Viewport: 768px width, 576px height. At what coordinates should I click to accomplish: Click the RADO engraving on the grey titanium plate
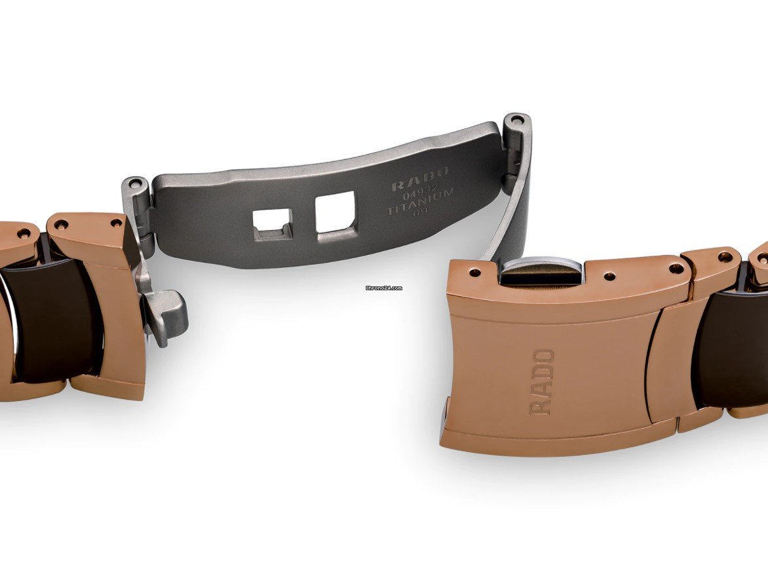pyautogui.click(x=420, y=179)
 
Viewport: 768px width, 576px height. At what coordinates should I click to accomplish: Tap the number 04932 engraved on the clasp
pyautogui.click(x=420, y=195)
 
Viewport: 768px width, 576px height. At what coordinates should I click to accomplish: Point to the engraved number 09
pyautogui.click(x=421, y=212)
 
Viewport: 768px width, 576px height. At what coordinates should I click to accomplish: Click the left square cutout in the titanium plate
pyautogui.click(x=273, y=223)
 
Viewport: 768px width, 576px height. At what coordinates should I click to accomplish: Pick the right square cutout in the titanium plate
pyautogui.click(x=336, y=212)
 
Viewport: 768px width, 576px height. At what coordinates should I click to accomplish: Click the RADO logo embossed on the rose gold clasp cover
pyautogui.click(x=541, y=382)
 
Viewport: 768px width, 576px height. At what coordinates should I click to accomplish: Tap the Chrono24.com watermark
pyautogui.click(x=384, y=288)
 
